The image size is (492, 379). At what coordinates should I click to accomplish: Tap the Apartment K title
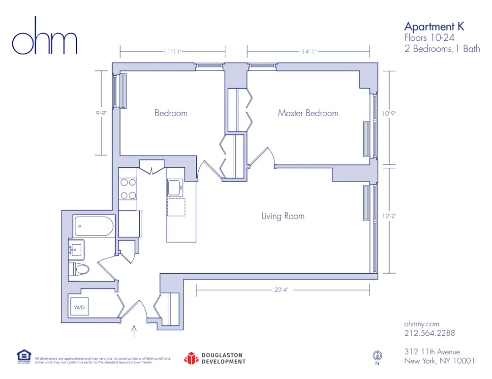pos(434,27)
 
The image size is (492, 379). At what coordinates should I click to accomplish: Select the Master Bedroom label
pos(308,113)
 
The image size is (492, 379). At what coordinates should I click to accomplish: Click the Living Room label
pos(283,216)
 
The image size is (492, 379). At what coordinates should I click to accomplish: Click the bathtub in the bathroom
pos(94,226)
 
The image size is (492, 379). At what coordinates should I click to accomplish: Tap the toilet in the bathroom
pos(80,269)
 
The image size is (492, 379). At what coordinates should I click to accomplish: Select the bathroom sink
pos(76,249)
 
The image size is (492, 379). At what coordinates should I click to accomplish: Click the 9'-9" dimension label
pos(102,113)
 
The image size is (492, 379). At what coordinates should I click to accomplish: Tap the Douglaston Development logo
pos(215,358)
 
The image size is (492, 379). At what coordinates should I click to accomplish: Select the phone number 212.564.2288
pos(429,333)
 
